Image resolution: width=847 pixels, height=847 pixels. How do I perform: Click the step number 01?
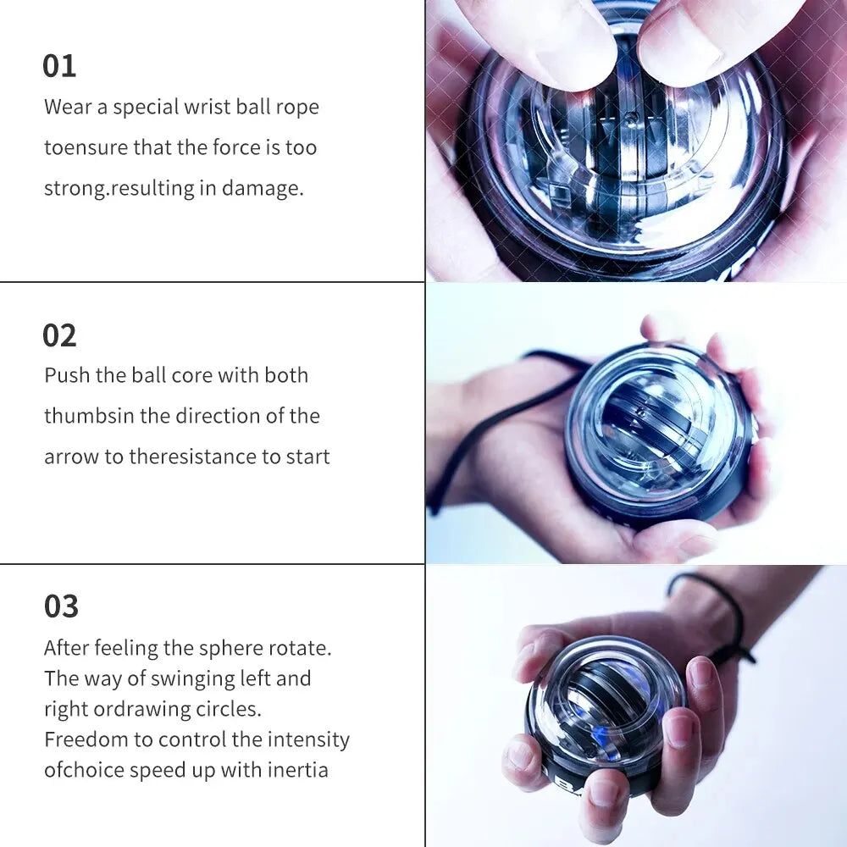click(x=59, y=66)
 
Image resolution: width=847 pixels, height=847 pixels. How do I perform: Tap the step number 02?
click(x=59, y=335)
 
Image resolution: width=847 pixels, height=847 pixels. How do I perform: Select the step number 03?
click(x=61, y=606)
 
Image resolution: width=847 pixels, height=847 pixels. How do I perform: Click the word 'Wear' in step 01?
click(x=68, y=107)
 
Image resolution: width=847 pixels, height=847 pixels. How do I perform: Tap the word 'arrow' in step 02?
click(x=71, y=457)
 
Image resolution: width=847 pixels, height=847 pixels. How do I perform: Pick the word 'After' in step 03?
click(x=66, y=648)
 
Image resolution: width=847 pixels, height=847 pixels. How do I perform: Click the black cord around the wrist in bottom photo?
click(x=720, y=610)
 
